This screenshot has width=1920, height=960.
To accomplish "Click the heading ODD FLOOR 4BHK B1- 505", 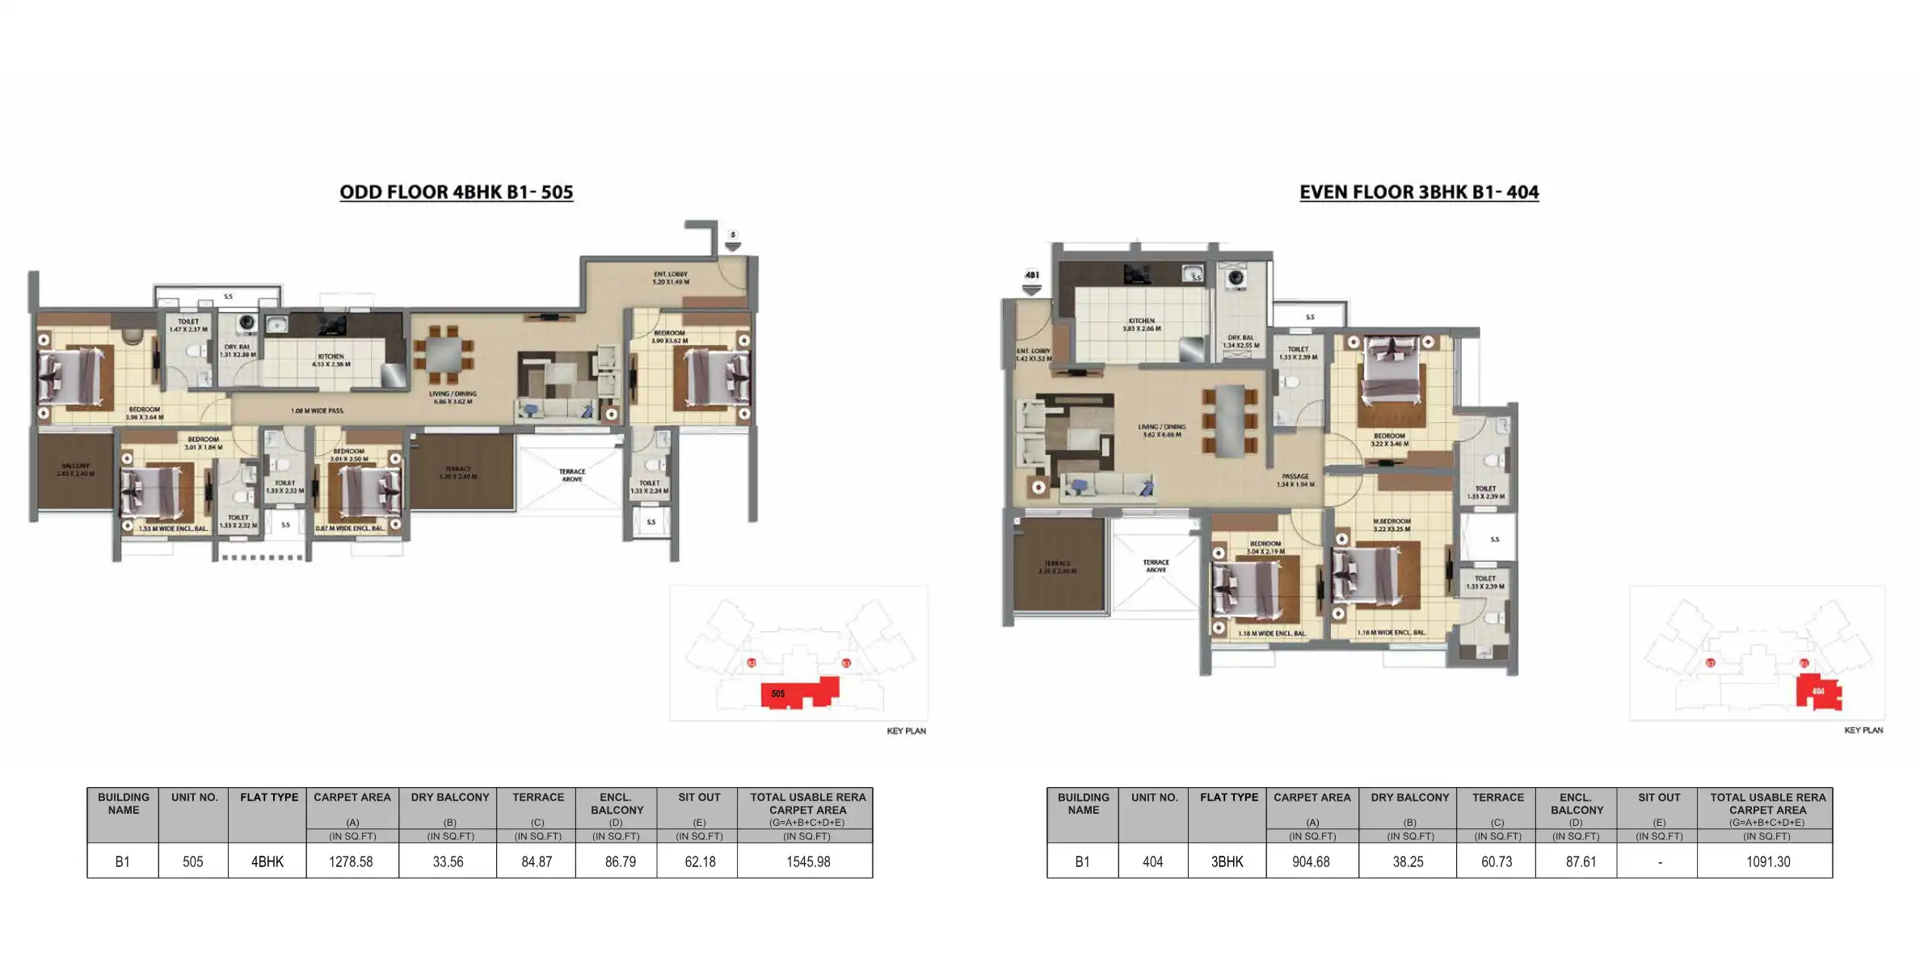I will tap(456, 192).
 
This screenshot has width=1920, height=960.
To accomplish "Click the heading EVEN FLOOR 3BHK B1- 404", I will tap(1418, 192).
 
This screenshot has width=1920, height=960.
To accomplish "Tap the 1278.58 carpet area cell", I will tap(351, 861).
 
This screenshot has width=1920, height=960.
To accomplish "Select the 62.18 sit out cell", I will tap(699, 861).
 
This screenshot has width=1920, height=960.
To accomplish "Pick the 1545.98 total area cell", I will tap(807, 861).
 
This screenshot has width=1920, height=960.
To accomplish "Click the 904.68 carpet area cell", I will tap(1310, 861).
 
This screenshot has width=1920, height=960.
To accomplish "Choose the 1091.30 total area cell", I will tap(1767, 861).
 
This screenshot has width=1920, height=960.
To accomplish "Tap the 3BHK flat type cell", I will tap(1226, 861).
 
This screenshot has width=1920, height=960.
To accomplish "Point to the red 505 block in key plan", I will tap(796, 693).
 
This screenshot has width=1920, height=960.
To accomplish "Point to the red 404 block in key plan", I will tap(1818, 692).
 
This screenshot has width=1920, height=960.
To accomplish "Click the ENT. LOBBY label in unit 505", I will tap(671, 278).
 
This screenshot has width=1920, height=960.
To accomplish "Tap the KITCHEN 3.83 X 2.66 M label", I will tap(1141, 325).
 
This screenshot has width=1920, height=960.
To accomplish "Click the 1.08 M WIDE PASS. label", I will tap(317, 411).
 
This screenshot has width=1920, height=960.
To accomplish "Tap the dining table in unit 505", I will tap(443, 354).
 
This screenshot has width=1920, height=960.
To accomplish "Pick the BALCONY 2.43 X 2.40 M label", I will tap(75, 469).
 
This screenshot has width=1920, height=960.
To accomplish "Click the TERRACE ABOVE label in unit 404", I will tap(1156, 566).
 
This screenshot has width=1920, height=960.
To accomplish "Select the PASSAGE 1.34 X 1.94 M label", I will tap(1295, 480).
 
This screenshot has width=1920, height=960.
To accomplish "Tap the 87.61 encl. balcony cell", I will tap(1580, 861).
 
